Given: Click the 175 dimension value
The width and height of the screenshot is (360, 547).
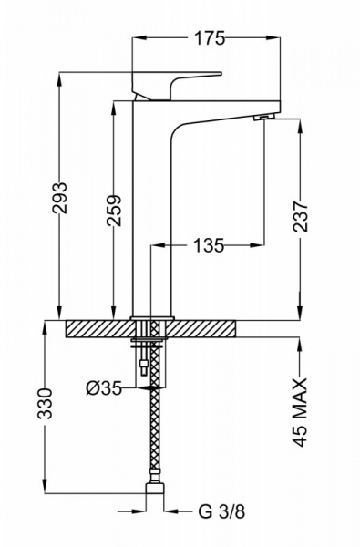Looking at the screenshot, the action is (x=210, y=38).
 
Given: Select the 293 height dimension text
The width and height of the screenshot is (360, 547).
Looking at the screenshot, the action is (x=59, y=198).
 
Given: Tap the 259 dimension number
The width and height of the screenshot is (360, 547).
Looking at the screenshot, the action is (x=115, y=211).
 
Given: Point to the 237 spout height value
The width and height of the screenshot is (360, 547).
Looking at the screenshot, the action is (x=301, y=216).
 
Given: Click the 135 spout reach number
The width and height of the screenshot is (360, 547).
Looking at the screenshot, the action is (x=209, y=245).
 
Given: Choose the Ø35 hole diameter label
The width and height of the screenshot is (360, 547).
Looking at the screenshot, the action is (x=104, y=388).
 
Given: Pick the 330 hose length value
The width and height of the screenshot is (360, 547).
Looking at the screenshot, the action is (x=45, y=403).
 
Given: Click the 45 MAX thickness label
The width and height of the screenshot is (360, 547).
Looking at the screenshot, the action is (x=300, y=412).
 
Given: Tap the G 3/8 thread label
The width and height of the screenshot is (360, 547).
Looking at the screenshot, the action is (x=221, y=512).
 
